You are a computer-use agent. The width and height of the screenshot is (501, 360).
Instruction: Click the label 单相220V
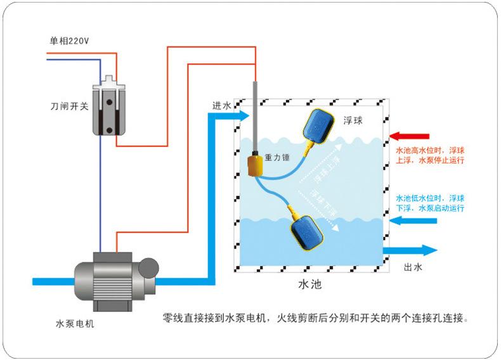point(70,41)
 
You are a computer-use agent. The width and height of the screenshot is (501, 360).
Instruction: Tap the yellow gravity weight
point(256,167)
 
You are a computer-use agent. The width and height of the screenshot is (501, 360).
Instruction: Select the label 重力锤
point(277,157)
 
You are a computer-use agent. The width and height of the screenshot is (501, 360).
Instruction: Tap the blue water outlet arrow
point(410,250)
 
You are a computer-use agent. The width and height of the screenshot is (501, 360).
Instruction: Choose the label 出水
point(413,267)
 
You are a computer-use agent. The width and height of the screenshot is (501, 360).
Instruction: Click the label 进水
point(221,105)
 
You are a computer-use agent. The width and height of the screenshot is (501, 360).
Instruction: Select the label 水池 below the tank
point(309,285)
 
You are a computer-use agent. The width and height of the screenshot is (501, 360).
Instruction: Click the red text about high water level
point(430,156)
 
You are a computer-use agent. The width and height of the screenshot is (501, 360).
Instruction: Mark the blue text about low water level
point(430,203)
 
